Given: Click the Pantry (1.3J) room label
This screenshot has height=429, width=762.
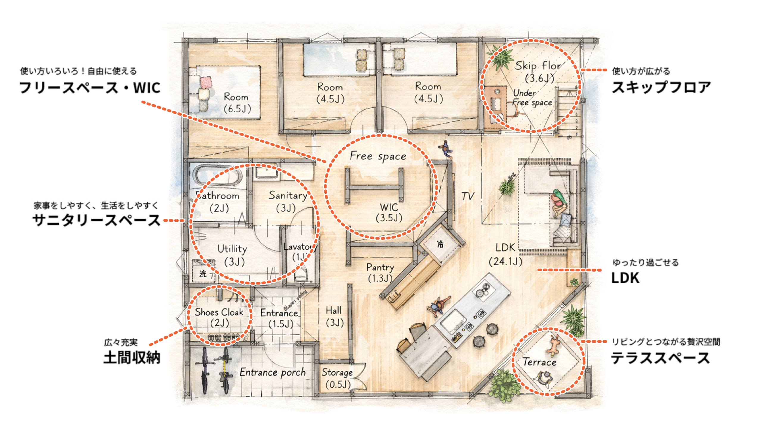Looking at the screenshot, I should click(380, 273).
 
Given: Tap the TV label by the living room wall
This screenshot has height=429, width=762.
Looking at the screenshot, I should click(468, 196).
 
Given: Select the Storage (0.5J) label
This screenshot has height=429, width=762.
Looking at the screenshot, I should click(337, 378).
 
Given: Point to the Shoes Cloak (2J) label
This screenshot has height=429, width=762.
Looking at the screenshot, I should click(219, 317).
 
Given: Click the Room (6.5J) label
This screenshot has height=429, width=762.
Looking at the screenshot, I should click(237, 103).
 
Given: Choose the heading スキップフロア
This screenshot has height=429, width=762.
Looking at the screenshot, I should click(661, 87).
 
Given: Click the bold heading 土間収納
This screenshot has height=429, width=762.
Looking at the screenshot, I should click(132, 357).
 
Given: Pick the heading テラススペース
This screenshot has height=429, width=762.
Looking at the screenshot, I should click(660, 357).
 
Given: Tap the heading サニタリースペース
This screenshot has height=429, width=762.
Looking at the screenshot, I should click(96, 220).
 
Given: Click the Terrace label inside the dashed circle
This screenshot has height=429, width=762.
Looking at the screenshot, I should click(539, 362).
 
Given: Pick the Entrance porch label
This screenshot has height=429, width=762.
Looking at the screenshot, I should click(272, 372).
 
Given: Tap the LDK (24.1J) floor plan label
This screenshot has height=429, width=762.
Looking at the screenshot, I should click(505, 254).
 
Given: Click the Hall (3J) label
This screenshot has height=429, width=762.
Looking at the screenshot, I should click(334, 317).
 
